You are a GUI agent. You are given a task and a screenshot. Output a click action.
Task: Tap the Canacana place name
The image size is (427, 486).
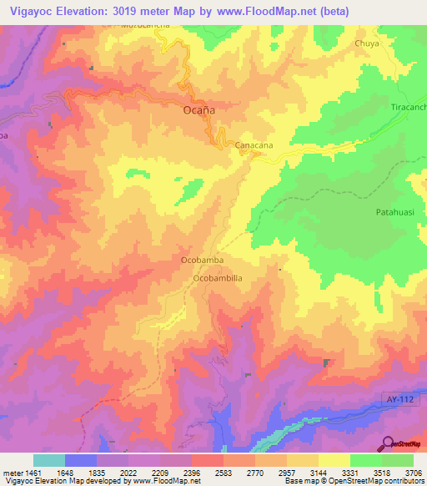[255, 145]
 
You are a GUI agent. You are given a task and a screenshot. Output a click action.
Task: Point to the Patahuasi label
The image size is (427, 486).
[394, 213]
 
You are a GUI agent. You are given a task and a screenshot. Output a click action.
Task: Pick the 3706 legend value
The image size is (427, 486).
[414, 473]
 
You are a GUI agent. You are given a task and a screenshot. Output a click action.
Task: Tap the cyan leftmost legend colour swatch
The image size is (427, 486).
[49, 460]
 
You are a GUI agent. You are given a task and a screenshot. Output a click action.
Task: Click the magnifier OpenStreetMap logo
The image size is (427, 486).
[388, 443]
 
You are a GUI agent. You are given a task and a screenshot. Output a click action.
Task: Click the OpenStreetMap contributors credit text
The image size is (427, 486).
[380, 481]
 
